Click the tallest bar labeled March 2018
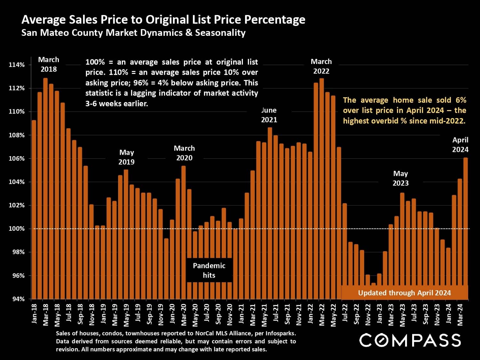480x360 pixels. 45,189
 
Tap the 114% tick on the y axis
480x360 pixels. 17,65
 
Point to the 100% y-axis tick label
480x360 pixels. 17,229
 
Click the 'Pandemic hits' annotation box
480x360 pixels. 209,270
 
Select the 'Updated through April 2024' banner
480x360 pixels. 404,293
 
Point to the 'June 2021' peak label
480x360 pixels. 269,115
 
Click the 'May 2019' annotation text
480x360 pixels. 126,157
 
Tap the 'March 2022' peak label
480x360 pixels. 321,66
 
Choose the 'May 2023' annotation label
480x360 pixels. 400,178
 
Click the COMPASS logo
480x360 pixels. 410,340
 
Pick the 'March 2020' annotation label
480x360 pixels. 184,153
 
